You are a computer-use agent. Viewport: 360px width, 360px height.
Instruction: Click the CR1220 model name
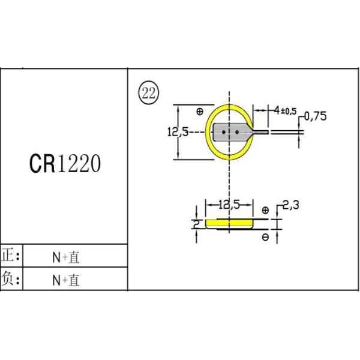tap(65, 164)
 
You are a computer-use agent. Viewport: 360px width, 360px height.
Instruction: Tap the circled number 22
tap(148, 92)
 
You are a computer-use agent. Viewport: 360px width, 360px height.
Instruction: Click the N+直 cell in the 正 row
tap(66, 257)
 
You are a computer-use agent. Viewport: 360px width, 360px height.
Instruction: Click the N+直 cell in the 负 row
tap(66, 280)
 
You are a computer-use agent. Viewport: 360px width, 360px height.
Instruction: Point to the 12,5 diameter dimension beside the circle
tap(178, 132)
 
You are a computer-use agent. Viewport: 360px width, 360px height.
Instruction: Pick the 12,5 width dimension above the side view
tap(229, 205)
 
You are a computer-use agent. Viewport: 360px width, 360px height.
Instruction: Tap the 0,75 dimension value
tap(316, 117)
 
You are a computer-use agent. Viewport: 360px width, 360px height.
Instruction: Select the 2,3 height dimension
tap(291, 205)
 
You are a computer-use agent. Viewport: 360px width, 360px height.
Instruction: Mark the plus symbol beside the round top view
tap(199, 111)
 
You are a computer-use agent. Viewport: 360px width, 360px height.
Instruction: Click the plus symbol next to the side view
tap(265, 210)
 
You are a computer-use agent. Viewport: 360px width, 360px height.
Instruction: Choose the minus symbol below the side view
tap(265, 237)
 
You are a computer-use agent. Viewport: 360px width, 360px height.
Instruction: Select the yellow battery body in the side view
tap(229, 223)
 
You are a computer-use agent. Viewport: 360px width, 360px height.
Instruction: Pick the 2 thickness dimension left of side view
tap(196, 224)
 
